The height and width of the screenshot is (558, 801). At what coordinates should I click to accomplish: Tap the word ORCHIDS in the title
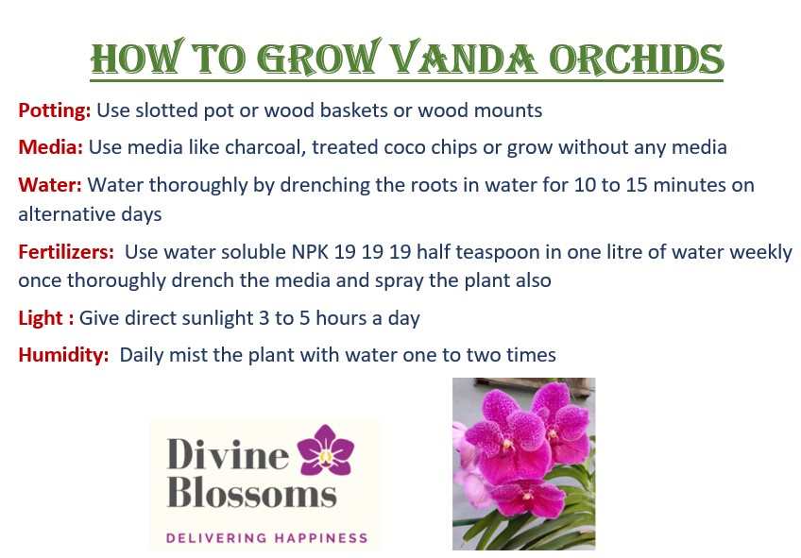pos(637,59)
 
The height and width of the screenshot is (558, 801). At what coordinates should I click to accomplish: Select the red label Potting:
pos(55,110)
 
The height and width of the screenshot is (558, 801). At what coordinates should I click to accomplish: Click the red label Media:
pos(51,147)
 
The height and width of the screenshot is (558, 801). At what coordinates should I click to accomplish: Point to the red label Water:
pos(50,185)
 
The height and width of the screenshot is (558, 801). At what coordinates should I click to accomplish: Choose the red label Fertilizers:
pos(66,252)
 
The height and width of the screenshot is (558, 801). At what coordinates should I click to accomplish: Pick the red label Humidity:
pos(64,355)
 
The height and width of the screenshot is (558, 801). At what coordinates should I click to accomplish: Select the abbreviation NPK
pos(310,252)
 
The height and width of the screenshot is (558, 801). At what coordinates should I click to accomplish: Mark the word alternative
pos(67,214)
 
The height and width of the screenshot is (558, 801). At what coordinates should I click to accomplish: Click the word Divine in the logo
pos(228,454)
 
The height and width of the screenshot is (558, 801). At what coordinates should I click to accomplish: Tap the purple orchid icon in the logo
pos(325,450)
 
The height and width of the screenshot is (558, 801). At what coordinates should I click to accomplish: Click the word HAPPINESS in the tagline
pos(321,538)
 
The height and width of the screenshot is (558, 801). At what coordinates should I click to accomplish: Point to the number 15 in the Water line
pos(637,185)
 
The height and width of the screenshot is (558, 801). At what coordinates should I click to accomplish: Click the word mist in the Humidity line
pos(188,355)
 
